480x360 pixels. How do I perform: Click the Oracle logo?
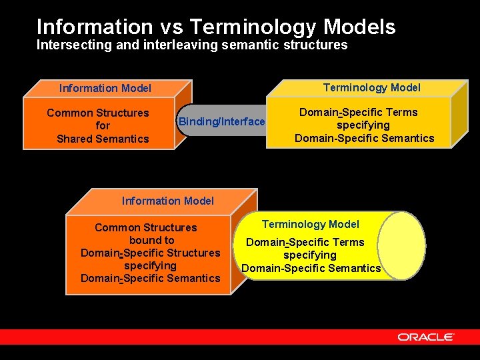(x=425, y=337)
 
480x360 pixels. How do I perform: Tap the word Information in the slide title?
(x=95, y=27)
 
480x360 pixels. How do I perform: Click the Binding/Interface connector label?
(x=221, y=121)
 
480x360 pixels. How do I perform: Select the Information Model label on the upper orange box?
(x=105, y=88)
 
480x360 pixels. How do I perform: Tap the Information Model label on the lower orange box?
(x=168, y=201)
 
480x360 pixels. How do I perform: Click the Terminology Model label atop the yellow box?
(x=371, y=87)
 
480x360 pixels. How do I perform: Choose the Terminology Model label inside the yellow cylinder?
(x=310, y=225)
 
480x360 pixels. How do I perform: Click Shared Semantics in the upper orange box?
(x=103, y=139)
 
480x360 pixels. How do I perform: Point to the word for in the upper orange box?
(x=103, y=125)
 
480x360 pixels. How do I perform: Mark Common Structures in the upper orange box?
(x=98, y=113)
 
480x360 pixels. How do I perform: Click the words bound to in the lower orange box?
(x=151, y=240)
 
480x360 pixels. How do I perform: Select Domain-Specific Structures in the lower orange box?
(x=150, y=253)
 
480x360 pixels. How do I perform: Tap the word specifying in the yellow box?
(x=363, y=125)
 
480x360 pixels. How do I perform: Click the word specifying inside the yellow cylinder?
(x=310, y=255)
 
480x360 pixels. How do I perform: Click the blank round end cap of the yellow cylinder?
(x=403, y=245)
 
